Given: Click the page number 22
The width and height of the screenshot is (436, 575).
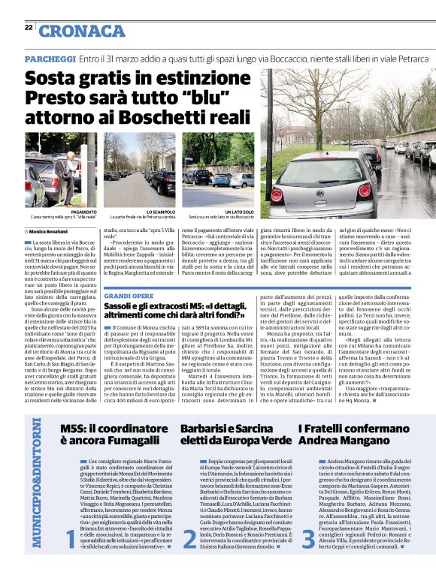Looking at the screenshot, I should [28, 27].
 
